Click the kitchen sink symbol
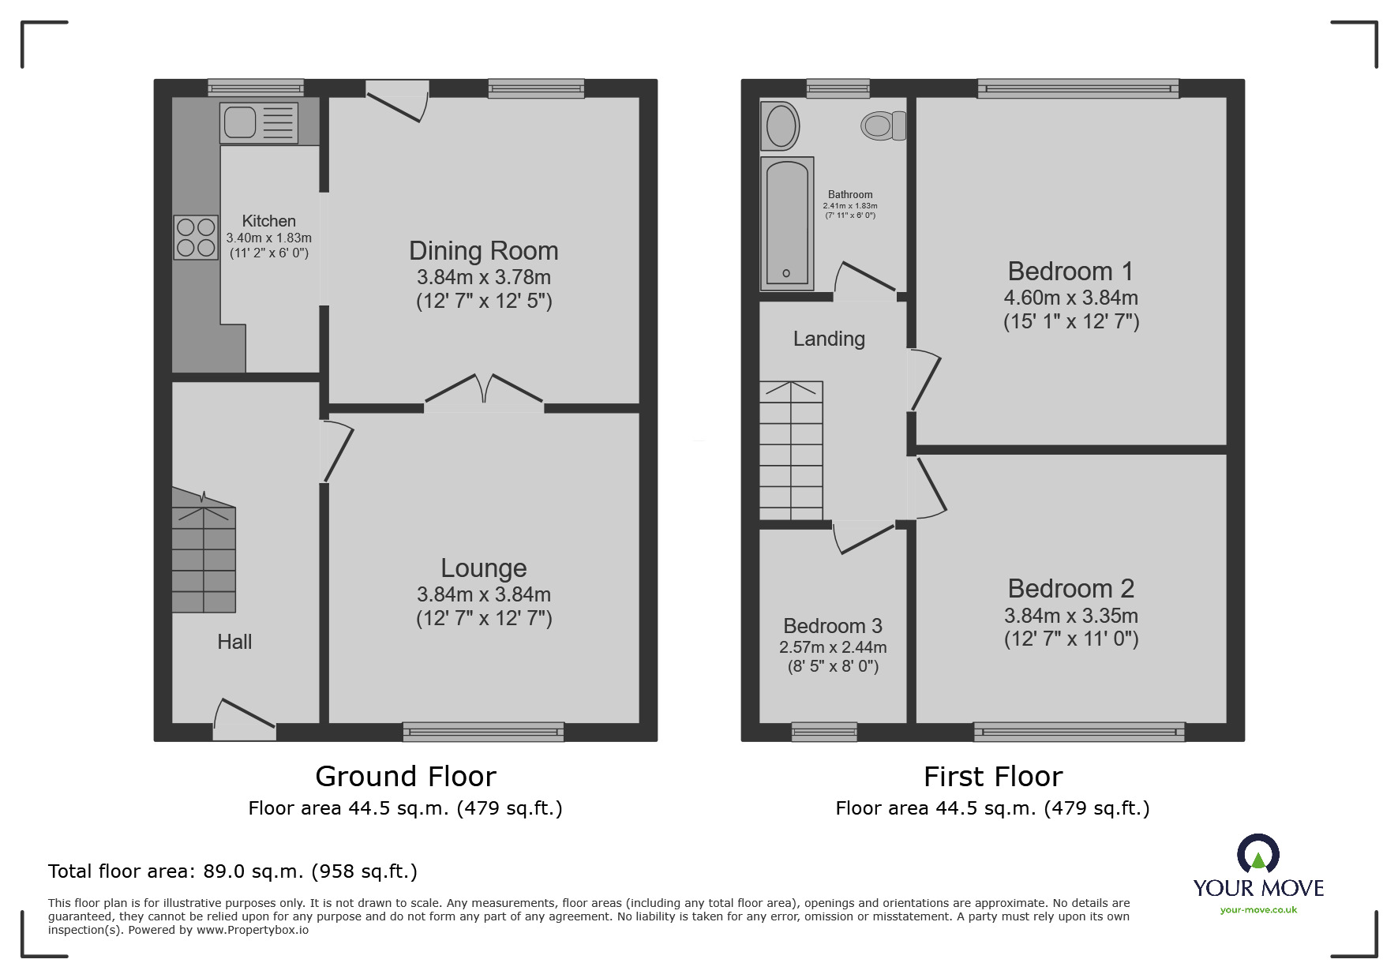(x=260, y=123)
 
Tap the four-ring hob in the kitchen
(x=196, y=238)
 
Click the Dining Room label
(x=483, y=251)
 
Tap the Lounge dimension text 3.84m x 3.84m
(x=483, y=594)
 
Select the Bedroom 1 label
(x=1070, y=272)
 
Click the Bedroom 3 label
(x=832, y=626)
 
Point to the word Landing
(x=829, y=339)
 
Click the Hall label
(x=234, y=642)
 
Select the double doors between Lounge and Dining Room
(x=484, y=395)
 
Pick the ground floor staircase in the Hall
(x=204, y=553)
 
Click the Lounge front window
(x=483, y=732)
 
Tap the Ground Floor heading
(x=405, y=777)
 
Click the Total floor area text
(x=233, y=871)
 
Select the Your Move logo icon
(x=1257, y=856)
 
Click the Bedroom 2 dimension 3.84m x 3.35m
(x=1070, y=616)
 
